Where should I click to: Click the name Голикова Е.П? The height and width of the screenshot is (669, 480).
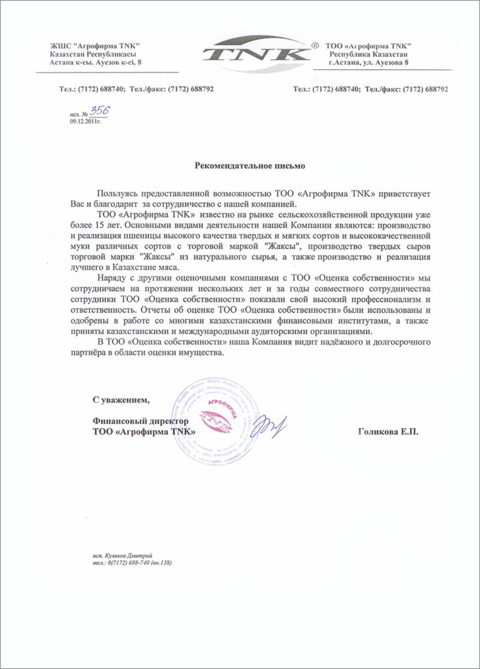pos(387,432)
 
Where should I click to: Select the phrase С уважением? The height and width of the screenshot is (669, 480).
pos(121,399)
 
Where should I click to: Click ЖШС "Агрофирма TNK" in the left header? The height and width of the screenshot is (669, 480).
pos(95,44)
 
